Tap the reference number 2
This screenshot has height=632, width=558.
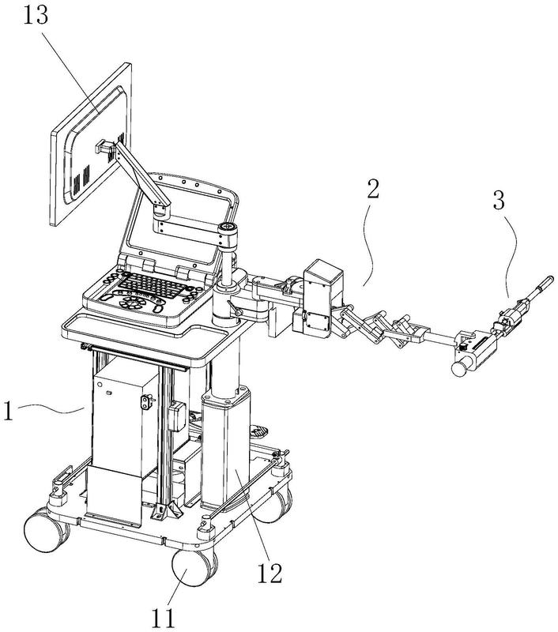pos(375,189)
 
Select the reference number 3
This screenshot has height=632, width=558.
pos(499,199)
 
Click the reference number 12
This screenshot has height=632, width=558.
pos(270,571)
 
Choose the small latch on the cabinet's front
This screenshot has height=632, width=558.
pos(145,404)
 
